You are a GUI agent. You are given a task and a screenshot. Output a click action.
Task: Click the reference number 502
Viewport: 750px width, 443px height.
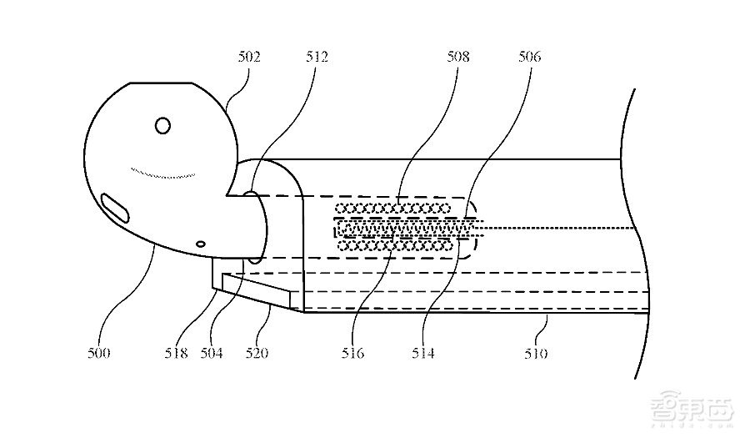tap(248, 58)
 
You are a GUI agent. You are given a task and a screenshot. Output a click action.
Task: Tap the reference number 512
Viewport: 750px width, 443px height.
tap(316, 58)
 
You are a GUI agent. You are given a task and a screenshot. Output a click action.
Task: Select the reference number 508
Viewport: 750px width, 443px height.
tap(457, 58)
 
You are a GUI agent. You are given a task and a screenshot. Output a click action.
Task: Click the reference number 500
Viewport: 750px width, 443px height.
tap(98, 353)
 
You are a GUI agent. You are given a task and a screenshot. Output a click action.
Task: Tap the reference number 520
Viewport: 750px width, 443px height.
tap(257, 353)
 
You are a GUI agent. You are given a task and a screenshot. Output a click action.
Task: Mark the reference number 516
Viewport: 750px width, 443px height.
tap(352, 353)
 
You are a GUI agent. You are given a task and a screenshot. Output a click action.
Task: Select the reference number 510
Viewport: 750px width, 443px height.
tap(536, 353)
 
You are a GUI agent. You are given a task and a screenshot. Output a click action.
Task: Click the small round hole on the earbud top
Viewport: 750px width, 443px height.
tap(162, 126)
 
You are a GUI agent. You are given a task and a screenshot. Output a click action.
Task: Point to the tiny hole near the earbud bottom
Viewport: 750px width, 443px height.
tap(200, 244)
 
